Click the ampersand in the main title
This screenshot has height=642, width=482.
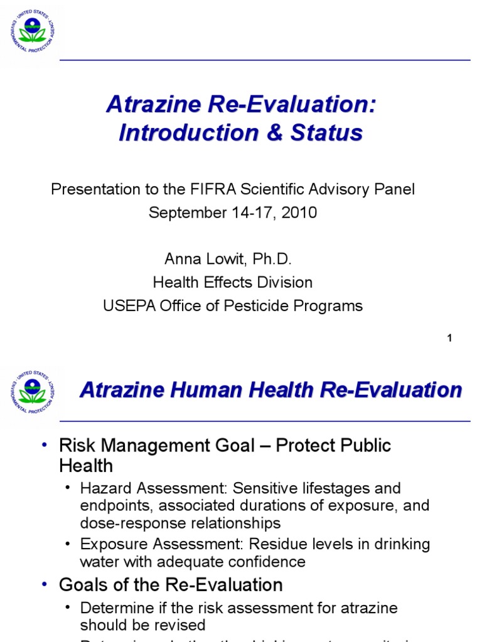click(274, 133)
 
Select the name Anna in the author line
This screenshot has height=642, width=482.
click(180, 259)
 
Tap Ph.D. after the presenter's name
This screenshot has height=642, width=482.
click(272, 259)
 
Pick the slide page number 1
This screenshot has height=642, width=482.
click(449, 339)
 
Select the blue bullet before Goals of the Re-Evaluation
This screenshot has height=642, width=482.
click(44, 585)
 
